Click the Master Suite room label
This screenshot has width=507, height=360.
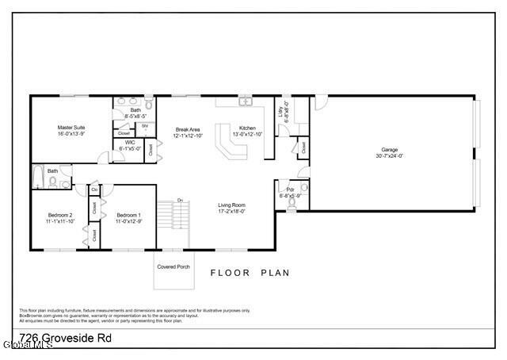[71, 127]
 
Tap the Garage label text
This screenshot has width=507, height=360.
[389, 149]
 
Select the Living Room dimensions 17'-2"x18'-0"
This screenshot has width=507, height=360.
[232, 211]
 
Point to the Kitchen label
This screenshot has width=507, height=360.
[247, 128]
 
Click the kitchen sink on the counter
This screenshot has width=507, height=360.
[246, 101]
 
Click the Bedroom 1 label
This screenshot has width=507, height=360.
[128, 215]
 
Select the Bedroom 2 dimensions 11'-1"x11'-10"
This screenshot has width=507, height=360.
[59, 221]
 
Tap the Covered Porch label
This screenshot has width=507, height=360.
[173, 266]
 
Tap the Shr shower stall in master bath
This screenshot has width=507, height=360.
[145, 128]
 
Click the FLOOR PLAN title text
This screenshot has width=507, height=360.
[250, 273]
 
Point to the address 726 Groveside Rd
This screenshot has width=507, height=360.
[65, 338]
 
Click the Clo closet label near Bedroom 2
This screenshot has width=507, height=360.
[94, 190]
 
